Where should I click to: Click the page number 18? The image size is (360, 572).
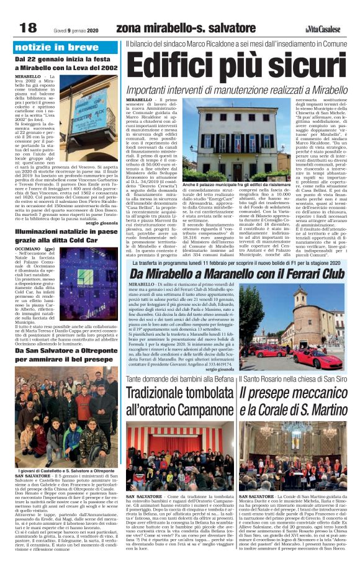pyautogui.click(x=28, y=27)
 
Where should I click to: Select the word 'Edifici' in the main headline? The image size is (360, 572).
pyautogui.click(x=178, y=66)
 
